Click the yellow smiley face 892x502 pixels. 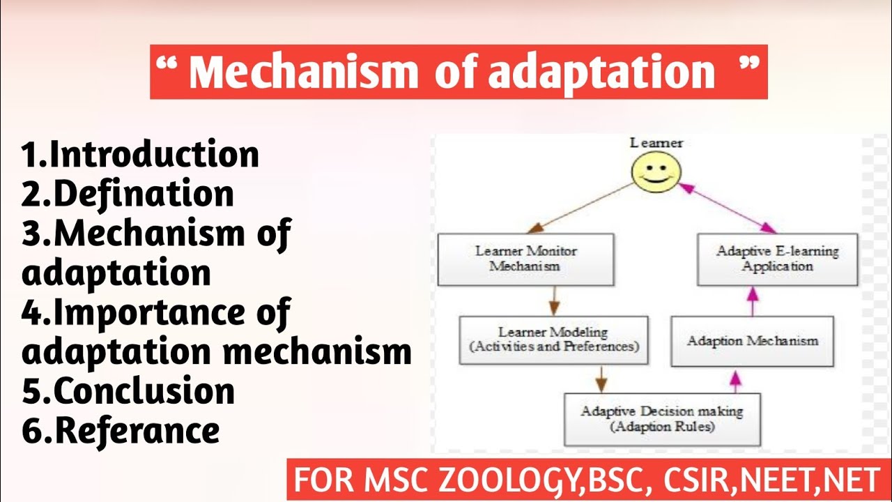(656, 173)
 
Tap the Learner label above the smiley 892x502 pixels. (656, 143)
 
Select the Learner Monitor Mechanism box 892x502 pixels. (526, 259)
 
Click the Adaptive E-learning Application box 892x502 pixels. (777, 259)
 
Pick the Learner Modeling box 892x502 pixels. (553, 340)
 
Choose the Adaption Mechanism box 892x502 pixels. (752, 341)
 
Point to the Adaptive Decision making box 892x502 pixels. (661, 419)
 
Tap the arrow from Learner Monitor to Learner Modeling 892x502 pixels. (554, 301)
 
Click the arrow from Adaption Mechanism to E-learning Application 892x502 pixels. (752, 301)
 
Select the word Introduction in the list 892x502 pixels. (155, 154)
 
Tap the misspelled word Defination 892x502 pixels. (144, 194)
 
